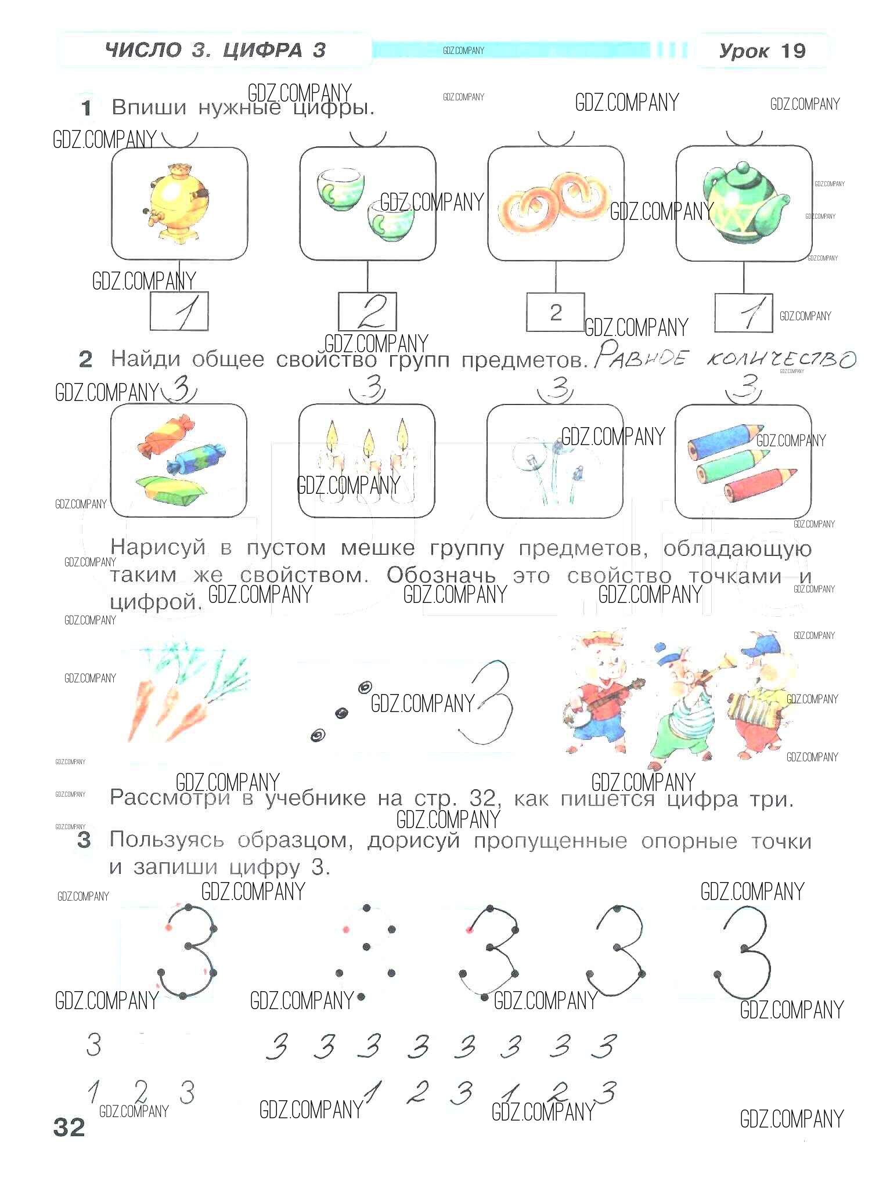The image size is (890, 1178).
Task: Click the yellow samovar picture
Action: point(174,203)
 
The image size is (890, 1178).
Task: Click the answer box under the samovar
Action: point(179,312)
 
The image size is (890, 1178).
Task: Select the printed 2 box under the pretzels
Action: point(556,312)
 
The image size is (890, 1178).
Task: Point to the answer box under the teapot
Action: point(744,313)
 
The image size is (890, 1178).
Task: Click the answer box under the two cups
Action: point(367,312)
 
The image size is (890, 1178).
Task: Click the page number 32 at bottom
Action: point(69,1127)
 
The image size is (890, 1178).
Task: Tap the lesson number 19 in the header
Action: point(792,51)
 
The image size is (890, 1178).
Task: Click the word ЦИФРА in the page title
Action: point(262,50)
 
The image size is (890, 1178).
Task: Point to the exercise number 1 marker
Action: point(87,108)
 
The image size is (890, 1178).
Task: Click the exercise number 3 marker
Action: point(84,840)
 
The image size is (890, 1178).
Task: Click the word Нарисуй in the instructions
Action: point(158,548)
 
